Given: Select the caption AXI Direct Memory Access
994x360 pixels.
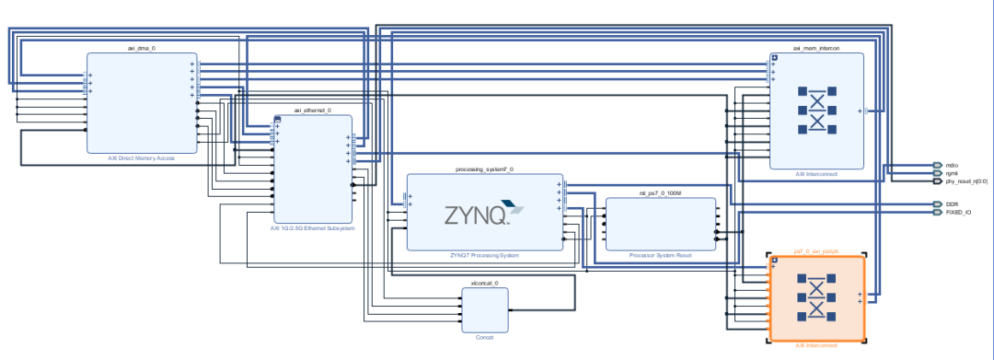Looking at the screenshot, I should [x=141, y=158].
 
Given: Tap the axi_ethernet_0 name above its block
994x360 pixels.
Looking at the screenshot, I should [x=311, y=110].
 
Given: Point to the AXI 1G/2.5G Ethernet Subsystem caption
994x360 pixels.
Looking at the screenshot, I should [x=312, y=227].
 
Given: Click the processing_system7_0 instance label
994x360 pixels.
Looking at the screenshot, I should [x=484, y=169].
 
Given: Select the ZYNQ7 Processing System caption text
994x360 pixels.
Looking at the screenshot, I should [x=484, y=255].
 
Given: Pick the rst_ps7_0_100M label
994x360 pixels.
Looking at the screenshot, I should [x=660, y=193].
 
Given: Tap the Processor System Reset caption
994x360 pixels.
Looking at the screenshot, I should [x=660, y=255].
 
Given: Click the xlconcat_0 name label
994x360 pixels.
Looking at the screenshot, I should [x=484, y=284].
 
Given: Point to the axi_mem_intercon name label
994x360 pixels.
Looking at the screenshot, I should [x=816, y=47].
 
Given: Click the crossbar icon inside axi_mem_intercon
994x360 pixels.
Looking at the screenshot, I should [x=816, y=110].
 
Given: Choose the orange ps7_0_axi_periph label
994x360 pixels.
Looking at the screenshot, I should [x=816, y=250].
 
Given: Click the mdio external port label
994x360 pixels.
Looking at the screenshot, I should [x=952, y=165].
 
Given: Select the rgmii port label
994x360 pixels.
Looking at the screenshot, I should [x=952, y=173].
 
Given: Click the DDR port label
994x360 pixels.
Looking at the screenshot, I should [x=952, y=203].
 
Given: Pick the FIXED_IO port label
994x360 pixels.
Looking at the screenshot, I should [x=957, y=212].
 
